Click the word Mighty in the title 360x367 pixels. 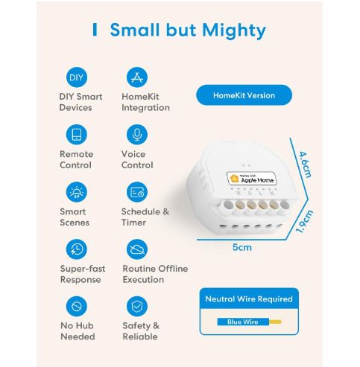(234, 31)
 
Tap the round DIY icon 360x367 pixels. (76, 77)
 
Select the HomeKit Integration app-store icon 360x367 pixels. (137, 77)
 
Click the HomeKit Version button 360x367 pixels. (244, 95)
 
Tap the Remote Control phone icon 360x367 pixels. (76, 134)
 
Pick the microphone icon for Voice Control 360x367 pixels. (137, 134)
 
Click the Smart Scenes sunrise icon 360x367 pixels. (76, 192)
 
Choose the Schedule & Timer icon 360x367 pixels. (137, 192)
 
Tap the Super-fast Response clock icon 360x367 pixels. (76, 249)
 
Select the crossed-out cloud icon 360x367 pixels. (137, 249)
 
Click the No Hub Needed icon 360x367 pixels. (76, 306)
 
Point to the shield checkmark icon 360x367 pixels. (137, 306)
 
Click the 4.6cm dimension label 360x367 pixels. (305, 165)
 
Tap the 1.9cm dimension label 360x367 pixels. (304, 221)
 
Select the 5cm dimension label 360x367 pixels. (242, 247)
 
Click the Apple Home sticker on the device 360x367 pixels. (251, 179)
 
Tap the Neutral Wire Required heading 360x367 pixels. (249, 299)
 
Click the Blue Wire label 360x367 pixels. (243, 322)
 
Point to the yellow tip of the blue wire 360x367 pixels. (275, 322)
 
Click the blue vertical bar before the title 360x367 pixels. (95, 30)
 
